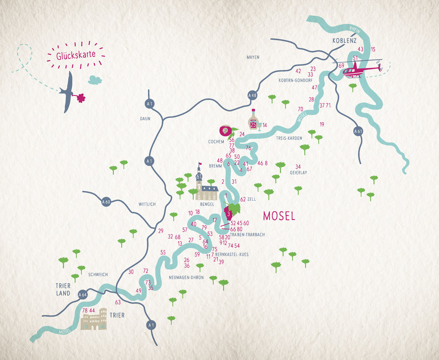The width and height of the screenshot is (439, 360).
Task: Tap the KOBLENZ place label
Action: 344,41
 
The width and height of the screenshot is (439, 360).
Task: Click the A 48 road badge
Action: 252,95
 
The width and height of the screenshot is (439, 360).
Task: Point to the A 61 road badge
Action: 357,131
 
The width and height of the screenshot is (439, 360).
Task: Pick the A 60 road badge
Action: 106,202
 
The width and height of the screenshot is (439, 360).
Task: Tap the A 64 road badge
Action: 83,295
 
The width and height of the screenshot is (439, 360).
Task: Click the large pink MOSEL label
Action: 279,216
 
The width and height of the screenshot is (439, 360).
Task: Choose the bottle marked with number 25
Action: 254,121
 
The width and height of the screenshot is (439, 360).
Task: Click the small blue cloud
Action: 95,80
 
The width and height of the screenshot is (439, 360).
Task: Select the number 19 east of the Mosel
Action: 322,125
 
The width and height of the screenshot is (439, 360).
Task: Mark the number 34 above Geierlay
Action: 298,167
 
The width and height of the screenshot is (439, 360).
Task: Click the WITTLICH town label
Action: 147,204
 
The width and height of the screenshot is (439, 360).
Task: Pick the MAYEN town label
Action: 253,57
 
